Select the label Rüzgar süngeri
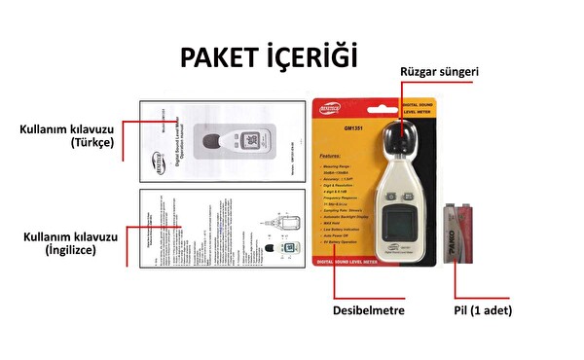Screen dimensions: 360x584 pos(441,72)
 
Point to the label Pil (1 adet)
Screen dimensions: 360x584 pos(478,310)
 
